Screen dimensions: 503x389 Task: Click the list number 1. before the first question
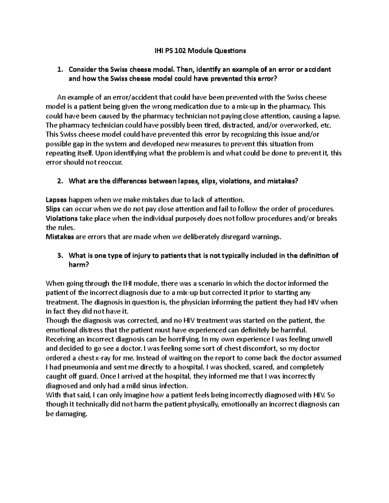coord(59,69)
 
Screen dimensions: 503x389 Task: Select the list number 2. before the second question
coord(59,181)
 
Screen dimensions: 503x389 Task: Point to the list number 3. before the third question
coord(59,256)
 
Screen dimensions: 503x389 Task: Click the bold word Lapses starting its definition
coord(55,200)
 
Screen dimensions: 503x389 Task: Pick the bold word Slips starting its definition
coord(53,209)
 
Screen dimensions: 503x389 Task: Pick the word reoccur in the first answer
coord(112,163)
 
